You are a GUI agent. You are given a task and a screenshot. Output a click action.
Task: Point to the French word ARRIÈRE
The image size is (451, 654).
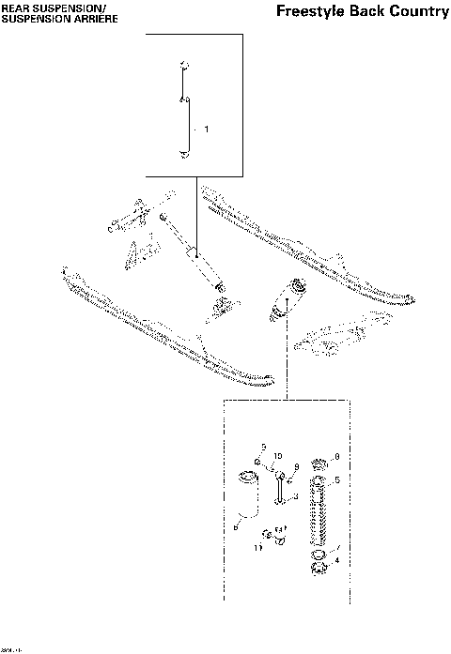pos(93,18)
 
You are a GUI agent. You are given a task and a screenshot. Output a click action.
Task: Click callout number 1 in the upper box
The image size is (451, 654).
pos(206,127)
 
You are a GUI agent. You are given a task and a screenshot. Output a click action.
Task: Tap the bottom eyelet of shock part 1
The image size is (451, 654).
pos(185,155)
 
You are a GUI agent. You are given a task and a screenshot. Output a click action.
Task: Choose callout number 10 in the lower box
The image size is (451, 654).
pos(278,456)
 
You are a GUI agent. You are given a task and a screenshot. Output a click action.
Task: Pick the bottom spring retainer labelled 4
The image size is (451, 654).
pos(319,564)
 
